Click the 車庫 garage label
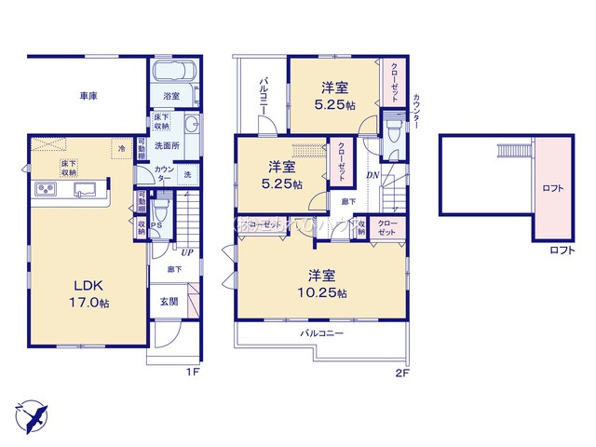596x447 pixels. click(x=89, y=95)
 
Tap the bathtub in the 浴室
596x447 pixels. click(x=173, y=73)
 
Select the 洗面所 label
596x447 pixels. click(x=167, y=146)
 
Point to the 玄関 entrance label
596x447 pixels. click(x=169, y=302)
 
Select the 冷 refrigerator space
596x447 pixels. click(x=121, y=147)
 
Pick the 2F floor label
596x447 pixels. click(x=402, y=372)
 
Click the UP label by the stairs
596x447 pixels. click(x=187, y=251)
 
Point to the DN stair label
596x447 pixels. click(x=372, y=175)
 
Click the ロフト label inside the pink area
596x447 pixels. click(x=553, y=188)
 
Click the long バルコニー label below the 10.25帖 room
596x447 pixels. click(x=322, y=332)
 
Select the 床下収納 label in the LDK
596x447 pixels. click(x=69, y=169)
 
